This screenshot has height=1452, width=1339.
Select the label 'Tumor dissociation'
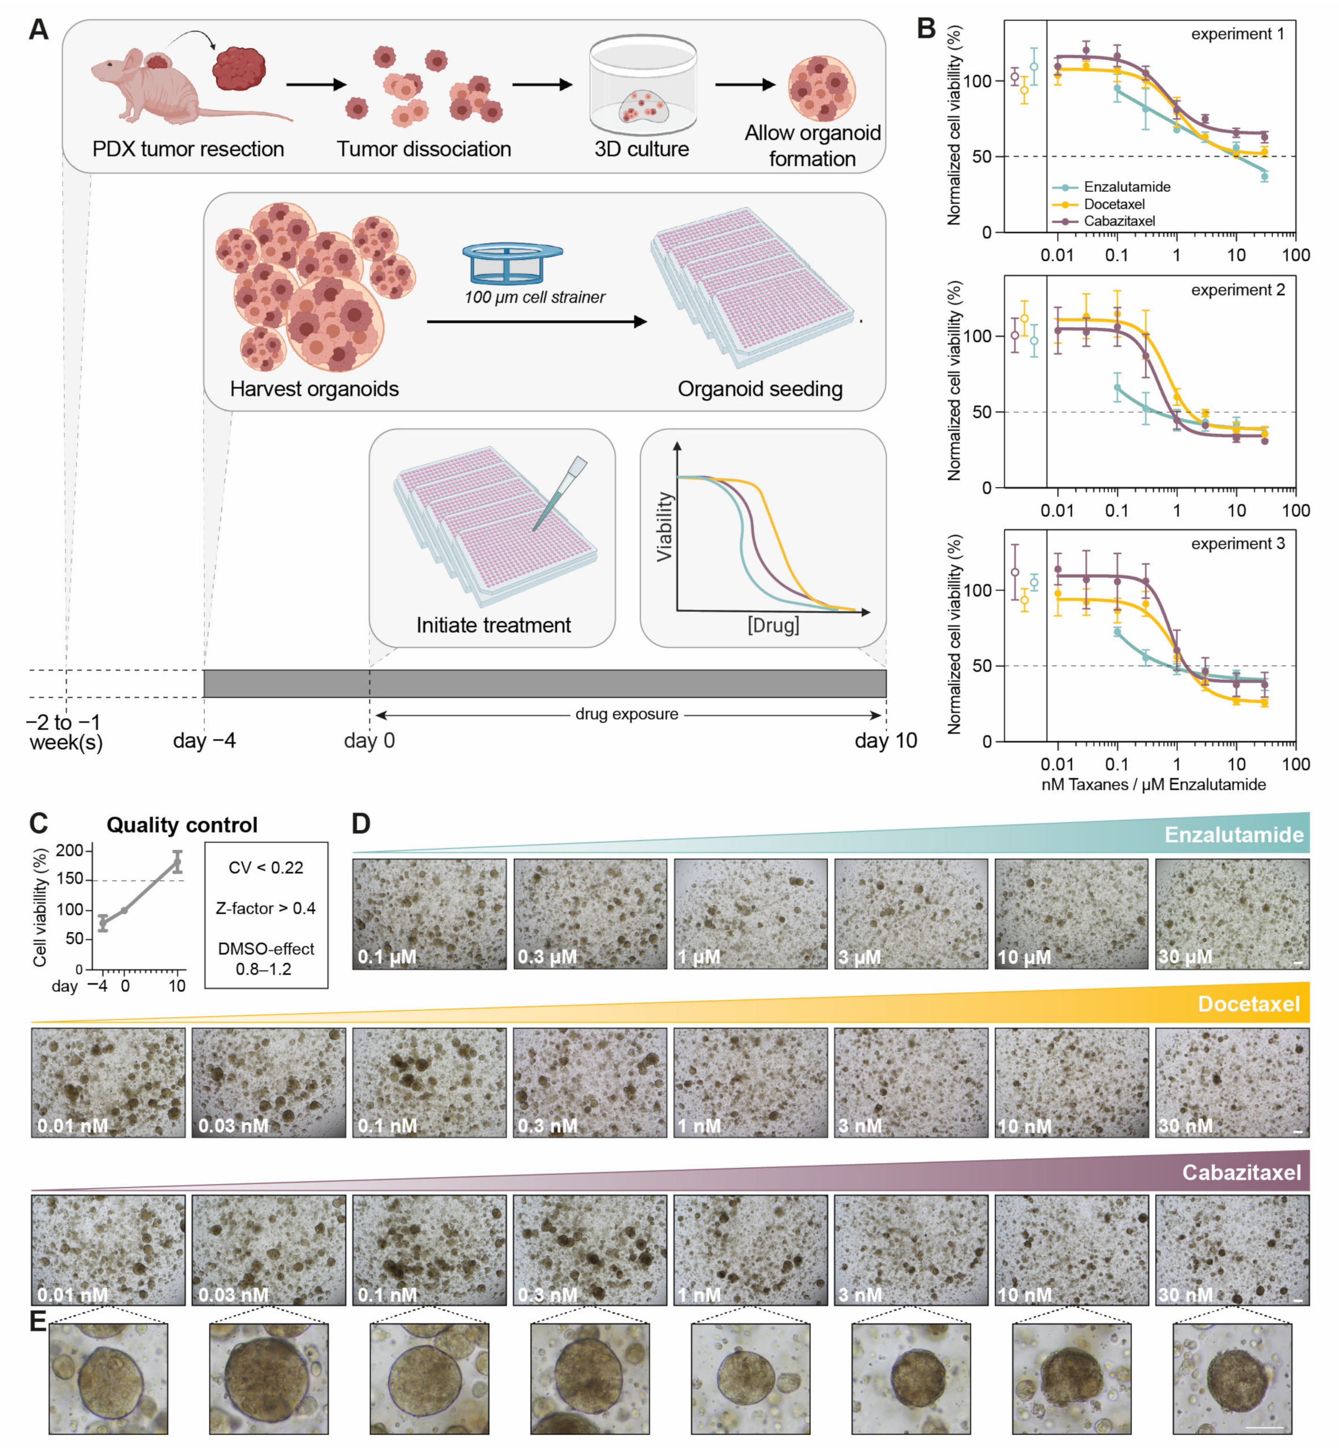(424, 149)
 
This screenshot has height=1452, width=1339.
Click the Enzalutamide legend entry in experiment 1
(1126, 187)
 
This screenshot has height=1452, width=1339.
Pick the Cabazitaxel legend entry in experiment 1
(1119, 221)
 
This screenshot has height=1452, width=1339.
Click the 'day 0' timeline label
(370, 741)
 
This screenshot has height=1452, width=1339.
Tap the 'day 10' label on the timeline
(886, 741)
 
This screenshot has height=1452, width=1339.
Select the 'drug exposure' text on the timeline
(627, 714)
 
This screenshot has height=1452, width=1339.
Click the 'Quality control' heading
(182, 825)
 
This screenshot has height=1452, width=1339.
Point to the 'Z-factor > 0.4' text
(266, 908)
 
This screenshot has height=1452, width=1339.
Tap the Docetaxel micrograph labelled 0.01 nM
(108, 1082)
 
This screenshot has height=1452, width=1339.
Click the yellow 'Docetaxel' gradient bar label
(1249, 1004)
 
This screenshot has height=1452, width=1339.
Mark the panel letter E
(38, 1321)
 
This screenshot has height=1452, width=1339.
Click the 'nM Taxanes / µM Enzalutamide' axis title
(1153, 784)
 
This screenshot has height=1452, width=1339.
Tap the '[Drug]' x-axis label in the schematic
(773, 625)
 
